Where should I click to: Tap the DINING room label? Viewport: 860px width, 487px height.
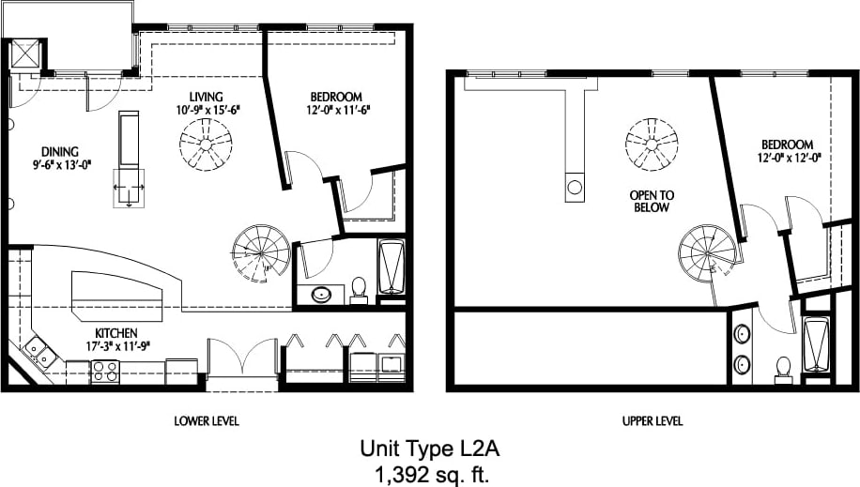pos(59,151)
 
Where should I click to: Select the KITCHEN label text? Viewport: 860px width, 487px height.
pos(116,333)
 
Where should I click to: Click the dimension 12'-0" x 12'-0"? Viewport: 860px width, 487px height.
pos(786,158)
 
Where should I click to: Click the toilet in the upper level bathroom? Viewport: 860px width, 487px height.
pos(783,370)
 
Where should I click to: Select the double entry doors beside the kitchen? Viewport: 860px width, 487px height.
pos(242,361)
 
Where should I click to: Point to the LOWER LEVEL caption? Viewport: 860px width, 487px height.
pos(207,421)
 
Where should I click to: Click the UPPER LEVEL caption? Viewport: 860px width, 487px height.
pos(653,421)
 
